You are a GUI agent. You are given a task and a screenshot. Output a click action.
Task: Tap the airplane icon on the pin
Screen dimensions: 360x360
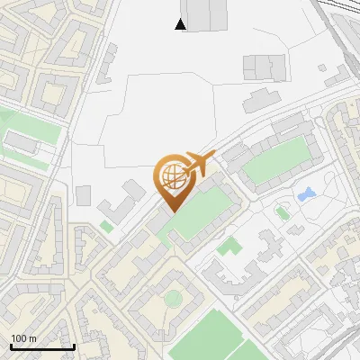(x=196, y=164)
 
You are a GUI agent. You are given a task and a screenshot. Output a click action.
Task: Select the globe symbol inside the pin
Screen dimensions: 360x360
(x=171, y=175)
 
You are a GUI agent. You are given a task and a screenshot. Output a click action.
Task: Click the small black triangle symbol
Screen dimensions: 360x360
(x=181, y=24)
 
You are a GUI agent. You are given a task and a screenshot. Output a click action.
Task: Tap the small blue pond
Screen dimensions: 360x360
(x=307, y=193)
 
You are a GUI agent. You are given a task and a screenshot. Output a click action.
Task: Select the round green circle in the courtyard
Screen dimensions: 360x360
(x=172, y=298)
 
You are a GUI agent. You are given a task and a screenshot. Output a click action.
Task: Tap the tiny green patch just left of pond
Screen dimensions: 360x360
(x=282, y=213)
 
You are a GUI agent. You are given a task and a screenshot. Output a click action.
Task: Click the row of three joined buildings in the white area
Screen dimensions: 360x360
(x=263, y=66)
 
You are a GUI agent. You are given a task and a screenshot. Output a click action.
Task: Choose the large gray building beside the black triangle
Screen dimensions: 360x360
(x=209, y=13)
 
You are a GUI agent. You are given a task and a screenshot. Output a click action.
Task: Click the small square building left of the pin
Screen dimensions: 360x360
(x=83, y=195)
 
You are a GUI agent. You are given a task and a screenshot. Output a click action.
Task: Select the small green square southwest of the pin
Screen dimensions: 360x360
(x=106, y=227)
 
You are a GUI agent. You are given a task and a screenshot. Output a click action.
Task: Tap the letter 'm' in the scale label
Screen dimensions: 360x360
(x=32, y=338)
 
